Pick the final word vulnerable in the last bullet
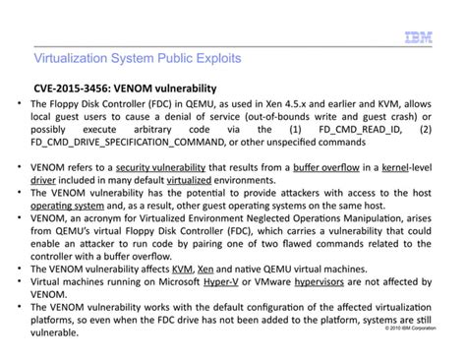(x=55, y=332)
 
